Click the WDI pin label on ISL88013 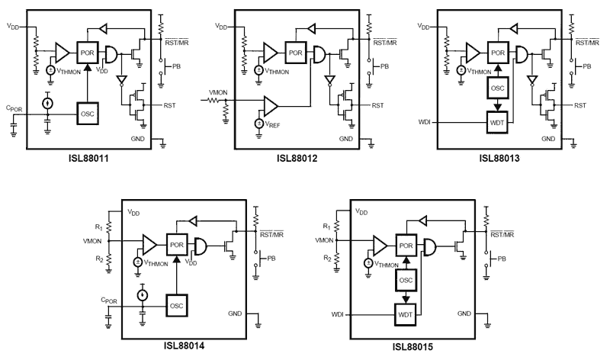(425, 121)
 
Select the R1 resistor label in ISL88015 (327, 227)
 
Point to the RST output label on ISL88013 (580, 105)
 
